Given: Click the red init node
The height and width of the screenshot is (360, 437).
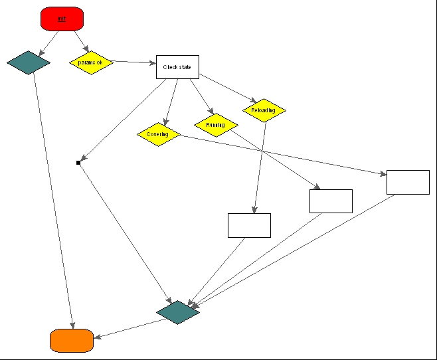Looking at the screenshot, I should tap(62, 19).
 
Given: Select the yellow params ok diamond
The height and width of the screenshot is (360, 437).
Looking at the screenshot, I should tap(91, 62).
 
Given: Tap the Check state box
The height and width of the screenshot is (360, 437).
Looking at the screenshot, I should tap(177, 67).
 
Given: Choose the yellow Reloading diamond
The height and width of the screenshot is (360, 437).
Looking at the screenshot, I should tap(264, 110).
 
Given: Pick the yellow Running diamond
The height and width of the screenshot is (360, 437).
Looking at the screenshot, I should tap(216, 124).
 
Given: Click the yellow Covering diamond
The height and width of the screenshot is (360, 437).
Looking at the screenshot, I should tap(159, 134).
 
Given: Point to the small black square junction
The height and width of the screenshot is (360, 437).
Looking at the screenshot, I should tap(78, 162).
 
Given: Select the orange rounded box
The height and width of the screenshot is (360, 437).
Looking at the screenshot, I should tap(71, 340).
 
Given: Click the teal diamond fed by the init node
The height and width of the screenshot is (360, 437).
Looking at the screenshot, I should tap(29, 63).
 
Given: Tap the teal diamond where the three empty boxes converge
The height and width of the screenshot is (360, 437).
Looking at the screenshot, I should tap(178, 312).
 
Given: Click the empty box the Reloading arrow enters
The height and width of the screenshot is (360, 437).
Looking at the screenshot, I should tap(249, 225).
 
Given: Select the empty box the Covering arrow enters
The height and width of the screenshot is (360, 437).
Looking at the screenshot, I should tap(408, 182).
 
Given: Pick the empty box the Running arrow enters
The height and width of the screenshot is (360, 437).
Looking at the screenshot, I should tap(331, 201).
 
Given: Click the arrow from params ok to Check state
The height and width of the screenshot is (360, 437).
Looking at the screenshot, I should tap(134, 62).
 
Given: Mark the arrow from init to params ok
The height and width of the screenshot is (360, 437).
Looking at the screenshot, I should tap(80, 41).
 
